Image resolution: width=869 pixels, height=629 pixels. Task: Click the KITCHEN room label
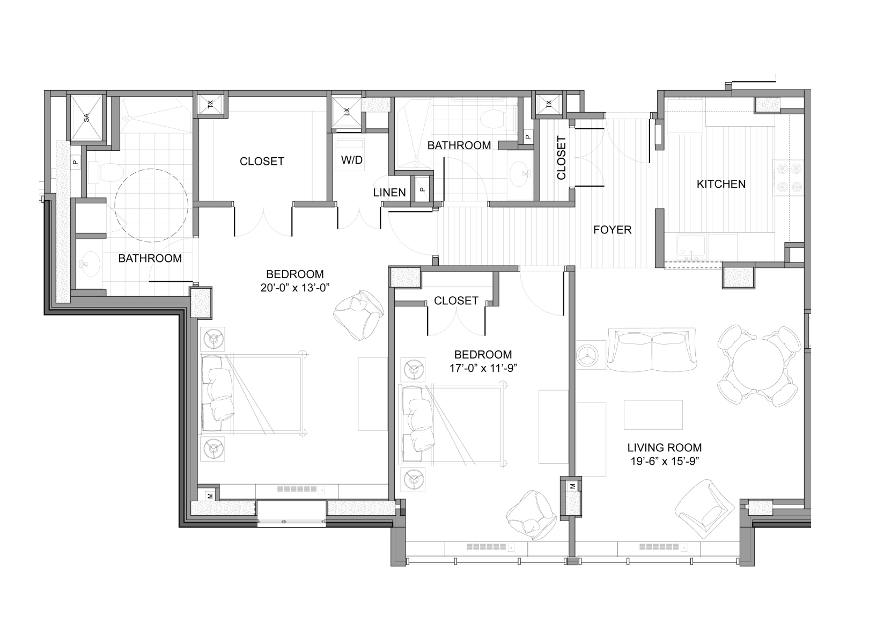pyautogui.click(x=721, y=184)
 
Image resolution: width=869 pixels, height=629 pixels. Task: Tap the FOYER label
pyautogui.click(x=612, y=230)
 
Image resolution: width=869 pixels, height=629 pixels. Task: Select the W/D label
pyautogui.click(x=352, y=160)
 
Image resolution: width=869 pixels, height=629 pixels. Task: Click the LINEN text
pyautogui.click(x=389, y=193)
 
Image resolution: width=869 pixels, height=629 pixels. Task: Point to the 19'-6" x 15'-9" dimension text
pyautogui.click(x=665, y=461)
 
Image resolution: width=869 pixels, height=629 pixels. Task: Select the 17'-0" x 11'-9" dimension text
pyautogui.click(x=483, y=368)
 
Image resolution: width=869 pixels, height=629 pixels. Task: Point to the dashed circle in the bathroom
pyautogui.click(x=151, y=205)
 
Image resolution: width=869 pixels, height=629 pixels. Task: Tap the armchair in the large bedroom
pyautogui.click(x=358, y=314)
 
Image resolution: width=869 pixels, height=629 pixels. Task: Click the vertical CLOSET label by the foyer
pyautogui.click(x=561, y=158)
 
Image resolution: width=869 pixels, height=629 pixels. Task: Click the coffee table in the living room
pyautogui.click(x=653, y=415)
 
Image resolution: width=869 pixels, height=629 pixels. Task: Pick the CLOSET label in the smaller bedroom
pyautogui.click(x=456, y=301)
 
